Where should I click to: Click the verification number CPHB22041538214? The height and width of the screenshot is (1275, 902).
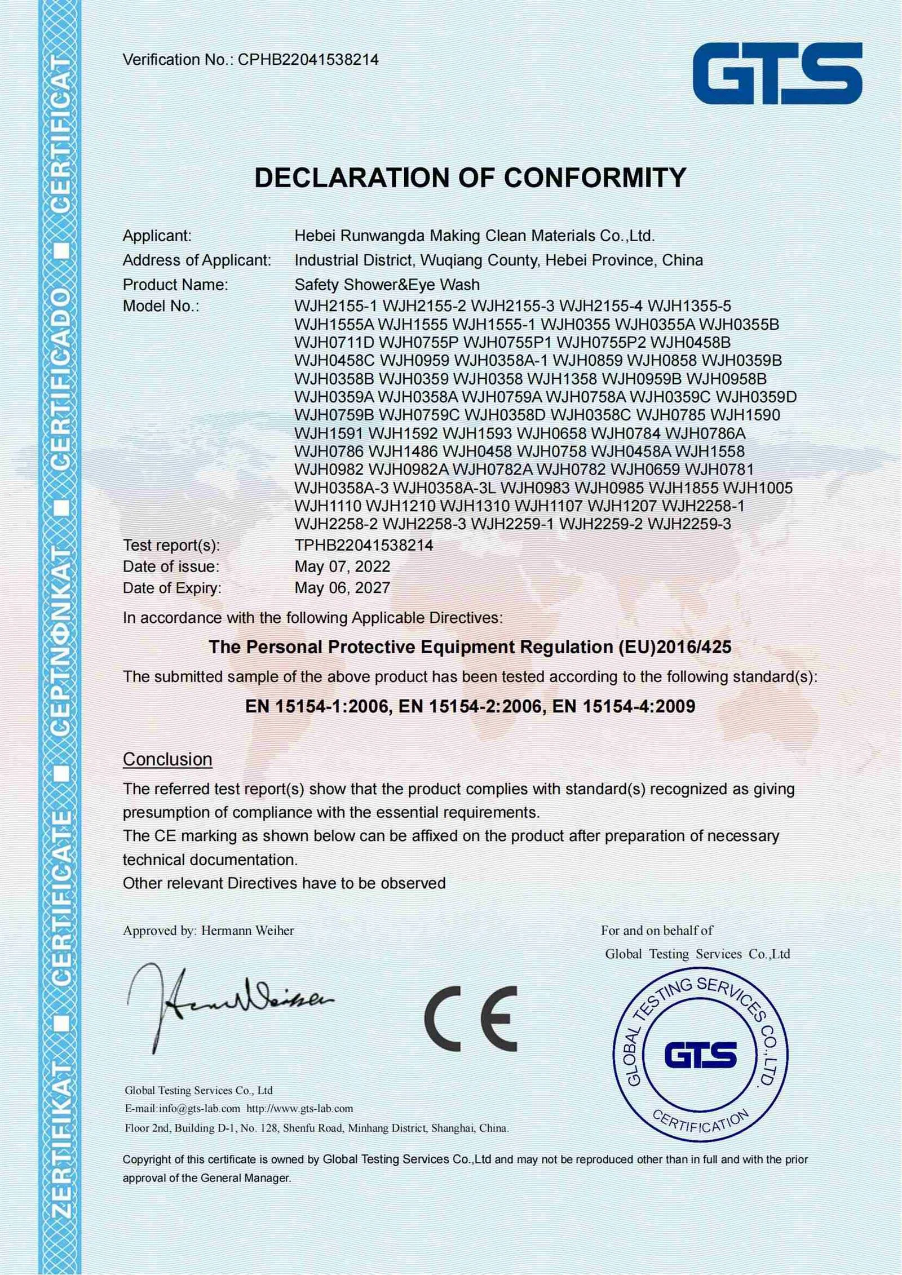coord(308,60)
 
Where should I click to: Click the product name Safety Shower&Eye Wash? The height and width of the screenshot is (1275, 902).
coord(387,285)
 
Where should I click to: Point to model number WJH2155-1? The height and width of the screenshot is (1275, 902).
coord(337,306)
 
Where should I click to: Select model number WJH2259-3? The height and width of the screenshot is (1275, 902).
coord(689,524)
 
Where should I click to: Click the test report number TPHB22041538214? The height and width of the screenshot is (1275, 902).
coord(364,545)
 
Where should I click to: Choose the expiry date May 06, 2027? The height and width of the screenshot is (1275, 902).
coord(342,588)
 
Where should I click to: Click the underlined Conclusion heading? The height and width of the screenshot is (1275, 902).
coord(167,759)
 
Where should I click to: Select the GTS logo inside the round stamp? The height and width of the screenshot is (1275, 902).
coord(701,1055)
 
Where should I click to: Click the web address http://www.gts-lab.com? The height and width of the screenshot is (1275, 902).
coord(300,1108)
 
